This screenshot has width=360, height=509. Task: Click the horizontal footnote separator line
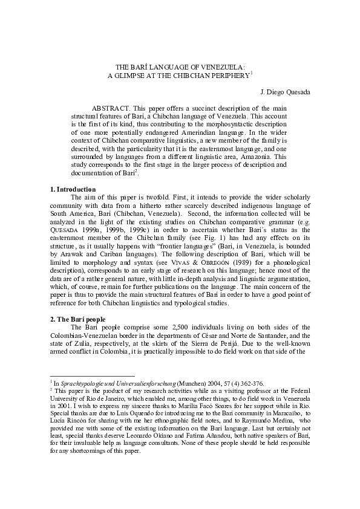[x=91, y=376]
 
